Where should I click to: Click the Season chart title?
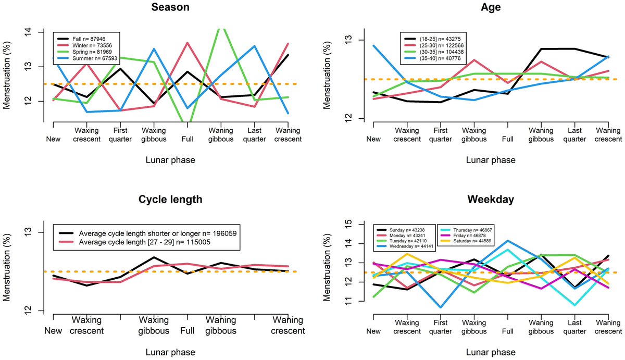170,8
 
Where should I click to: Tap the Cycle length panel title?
170,200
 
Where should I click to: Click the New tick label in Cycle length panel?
53,331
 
